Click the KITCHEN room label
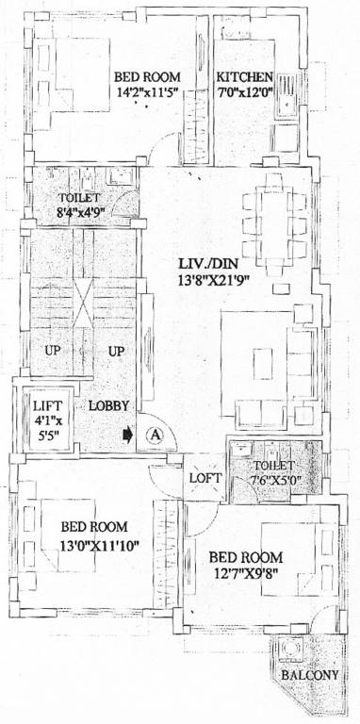point(245,77)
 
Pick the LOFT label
point(205,478)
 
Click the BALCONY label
point(309,675)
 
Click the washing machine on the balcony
point(291,650)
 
